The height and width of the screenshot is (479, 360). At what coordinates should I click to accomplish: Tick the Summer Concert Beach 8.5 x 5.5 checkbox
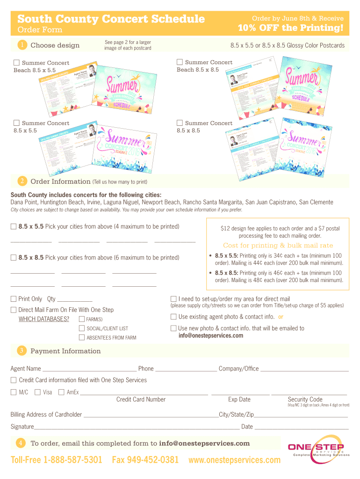17,63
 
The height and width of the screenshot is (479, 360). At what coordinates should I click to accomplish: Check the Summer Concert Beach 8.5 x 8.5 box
180,62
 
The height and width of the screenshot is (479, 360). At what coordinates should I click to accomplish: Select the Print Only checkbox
14,299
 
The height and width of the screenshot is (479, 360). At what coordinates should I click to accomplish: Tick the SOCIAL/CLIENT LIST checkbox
82,328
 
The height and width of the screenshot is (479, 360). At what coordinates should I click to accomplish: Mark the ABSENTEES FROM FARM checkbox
82,337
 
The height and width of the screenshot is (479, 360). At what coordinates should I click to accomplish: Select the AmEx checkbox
61,392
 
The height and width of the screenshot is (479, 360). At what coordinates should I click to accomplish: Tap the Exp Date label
239,399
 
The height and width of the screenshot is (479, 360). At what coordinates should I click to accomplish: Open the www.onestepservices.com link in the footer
234,460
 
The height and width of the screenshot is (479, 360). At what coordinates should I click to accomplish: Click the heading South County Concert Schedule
111,19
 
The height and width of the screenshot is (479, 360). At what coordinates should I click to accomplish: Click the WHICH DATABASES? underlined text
44,319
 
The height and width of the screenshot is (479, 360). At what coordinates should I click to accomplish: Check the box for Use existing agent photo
173,317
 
